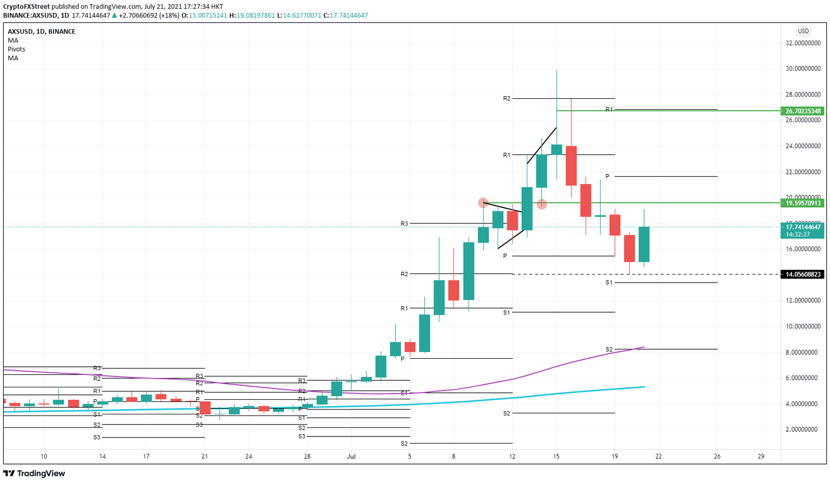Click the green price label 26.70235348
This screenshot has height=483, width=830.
pos(803,111)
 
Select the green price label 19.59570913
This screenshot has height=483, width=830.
pos(803,203)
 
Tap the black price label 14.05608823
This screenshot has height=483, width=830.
pos(803,274)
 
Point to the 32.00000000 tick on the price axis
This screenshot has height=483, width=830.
pos(803,43)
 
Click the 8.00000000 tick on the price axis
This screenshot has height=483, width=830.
pos(803,352)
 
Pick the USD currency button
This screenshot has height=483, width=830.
pos(803,31)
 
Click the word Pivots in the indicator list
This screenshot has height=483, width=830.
pos(16,49)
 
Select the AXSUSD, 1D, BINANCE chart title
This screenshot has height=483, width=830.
pos(42,32)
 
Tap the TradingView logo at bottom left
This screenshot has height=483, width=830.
pos(35,473)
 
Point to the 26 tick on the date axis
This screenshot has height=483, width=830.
pos(717,456)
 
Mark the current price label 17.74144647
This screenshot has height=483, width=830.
pos(803,227)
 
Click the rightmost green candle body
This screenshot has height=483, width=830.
pos(644,244)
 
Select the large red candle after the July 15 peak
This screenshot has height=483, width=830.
pos(571,165)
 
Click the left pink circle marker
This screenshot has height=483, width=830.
pos(483,203)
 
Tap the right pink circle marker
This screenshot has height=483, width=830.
pos(542,204)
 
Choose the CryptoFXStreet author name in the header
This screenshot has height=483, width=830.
pos(26,6)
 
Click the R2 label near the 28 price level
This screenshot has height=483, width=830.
pos(506,98)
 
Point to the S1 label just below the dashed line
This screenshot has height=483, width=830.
pos(609,283)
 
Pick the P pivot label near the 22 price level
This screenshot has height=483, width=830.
pos(607,176)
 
